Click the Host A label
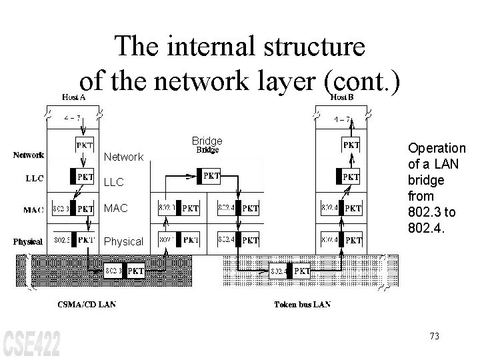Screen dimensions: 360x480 point(79,97)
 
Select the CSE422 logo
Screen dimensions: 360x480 point(31,343)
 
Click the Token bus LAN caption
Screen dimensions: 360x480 point(302,305)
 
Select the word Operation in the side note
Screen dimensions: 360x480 point(437,148)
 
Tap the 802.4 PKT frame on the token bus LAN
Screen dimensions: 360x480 point(290,271)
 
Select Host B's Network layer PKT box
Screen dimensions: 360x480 point(351,145)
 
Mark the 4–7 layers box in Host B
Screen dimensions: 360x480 point(343,119)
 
